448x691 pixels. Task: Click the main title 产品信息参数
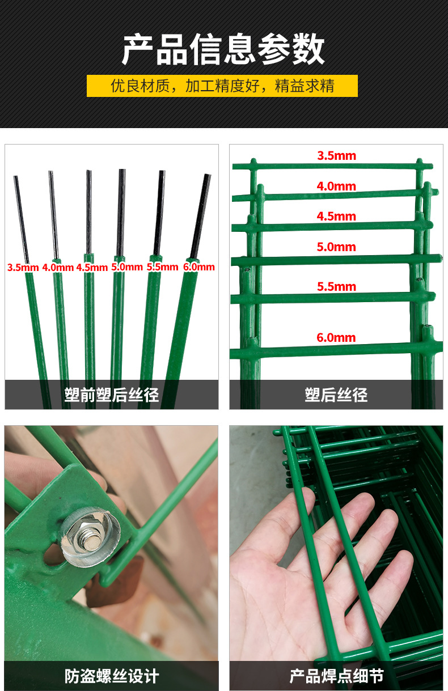pyautogui.click(x=223, y=49)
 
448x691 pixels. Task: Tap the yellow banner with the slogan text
pyautogui.click(x=222, y=86)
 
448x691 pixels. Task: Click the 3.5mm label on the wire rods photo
pyautogui.click(x=23, y=267)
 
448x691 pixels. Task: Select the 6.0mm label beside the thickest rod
pyautogui.click(x=199, y=267)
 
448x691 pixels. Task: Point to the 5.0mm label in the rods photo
pyautogui.click(x=127, y=267)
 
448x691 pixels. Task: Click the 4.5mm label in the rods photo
pyautogui.click(x=92, y=267)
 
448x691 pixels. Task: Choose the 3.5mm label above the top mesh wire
pyautogui.click(x=337, y=156)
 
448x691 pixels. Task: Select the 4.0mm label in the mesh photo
pyautogui.click(x=336, y=186)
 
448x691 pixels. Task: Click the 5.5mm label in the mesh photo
pyautogui.click(x=337, y=287)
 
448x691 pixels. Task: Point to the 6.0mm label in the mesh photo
pyautogui.click(x=336, y=337)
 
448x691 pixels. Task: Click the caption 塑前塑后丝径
pyautogui.click(x=111, y=395)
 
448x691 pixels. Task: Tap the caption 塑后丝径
pyautogui.click(x=336, y=395)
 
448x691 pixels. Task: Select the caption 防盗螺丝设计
pyautogui.click(x=112, y=676)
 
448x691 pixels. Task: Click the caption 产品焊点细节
pyautogui.click(x=336, y=676)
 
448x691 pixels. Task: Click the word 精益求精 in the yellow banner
pyautogui.click(x=305, y=86)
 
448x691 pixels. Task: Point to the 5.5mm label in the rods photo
pyautogui.click(x=162, y=267)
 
